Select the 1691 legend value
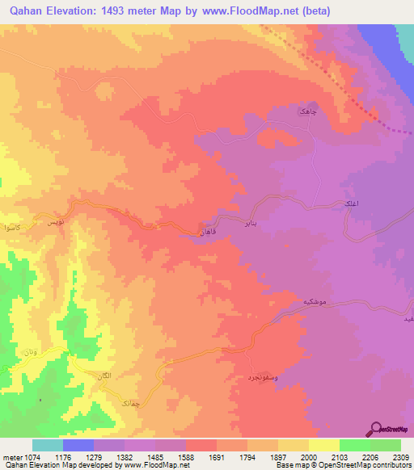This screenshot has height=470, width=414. (217, 456)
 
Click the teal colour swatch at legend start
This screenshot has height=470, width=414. (48, 445)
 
